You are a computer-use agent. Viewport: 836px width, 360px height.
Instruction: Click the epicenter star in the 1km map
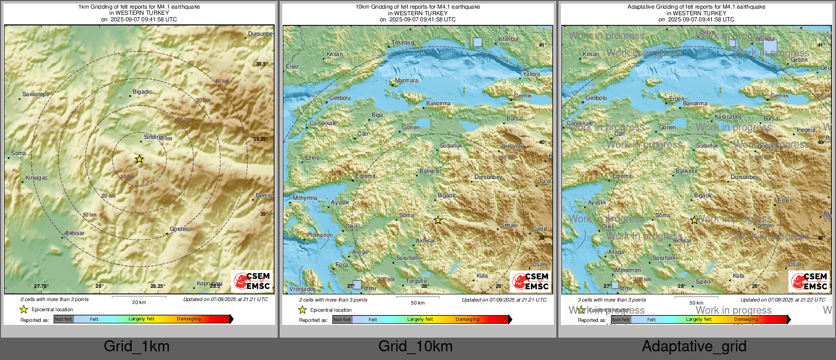[x=139, y=159]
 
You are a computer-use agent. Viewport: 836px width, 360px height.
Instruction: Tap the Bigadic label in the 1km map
[x=142, y=92]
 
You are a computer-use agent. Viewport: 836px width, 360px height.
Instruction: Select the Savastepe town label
[x=36, y=95]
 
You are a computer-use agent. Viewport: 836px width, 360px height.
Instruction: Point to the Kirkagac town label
[x=37, y=178]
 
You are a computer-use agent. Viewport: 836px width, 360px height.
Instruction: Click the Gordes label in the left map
[x=179, y=229]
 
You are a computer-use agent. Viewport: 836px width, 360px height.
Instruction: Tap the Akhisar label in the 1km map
[x=75, y=233]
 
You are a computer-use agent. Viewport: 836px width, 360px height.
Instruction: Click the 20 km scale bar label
[x=139, y=303]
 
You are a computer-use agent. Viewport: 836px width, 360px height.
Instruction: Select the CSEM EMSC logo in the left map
[x=252, y=281]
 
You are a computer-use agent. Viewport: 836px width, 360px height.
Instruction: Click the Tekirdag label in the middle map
[x=403, y=43]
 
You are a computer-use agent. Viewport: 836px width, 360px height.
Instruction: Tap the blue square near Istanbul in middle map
[x=477, y=42]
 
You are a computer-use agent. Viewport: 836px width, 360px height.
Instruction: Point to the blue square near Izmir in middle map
[x=357, y=285]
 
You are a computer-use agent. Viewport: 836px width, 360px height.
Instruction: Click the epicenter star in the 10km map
[x=438, y=220]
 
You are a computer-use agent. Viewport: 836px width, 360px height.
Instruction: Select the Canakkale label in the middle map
[x=323, y=124]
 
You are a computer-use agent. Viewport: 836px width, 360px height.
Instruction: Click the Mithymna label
[x=305, y=198]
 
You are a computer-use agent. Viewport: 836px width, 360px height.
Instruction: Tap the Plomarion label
[x=320, y=235]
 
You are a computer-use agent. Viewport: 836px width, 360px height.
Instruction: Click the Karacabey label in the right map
[x=728, y=117]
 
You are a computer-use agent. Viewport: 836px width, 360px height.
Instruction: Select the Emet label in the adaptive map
[x=784, y=201]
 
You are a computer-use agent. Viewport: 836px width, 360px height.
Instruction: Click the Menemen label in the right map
[x=628, y=271]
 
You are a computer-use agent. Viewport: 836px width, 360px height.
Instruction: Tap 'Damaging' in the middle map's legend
[x=467, y=320]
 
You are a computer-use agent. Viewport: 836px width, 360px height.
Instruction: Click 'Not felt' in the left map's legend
[x=64, y=319]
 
